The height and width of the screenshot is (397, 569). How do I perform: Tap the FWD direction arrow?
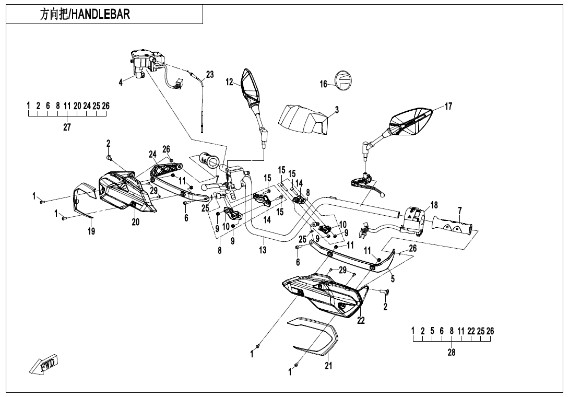pos(43,364)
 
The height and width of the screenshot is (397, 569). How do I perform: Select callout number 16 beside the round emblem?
pos(324,84)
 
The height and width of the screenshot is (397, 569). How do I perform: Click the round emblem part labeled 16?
pos(344,80)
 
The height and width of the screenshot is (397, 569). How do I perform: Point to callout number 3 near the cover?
pos(337,110)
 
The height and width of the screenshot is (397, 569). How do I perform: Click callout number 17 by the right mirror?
pos(448,107)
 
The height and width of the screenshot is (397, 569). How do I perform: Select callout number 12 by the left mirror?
pos(229,82)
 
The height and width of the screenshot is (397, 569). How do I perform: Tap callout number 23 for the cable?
pos(209,75)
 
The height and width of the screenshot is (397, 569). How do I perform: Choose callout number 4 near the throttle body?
pos(121,83)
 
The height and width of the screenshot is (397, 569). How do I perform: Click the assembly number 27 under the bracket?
pos(67,127)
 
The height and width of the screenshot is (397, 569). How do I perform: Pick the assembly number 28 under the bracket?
pos(452,352)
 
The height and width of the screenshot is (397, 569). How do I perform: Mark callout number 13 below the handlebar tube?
pos(263,250)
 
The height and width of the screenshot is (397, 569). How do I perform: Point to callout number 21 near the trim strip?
pos(328,366)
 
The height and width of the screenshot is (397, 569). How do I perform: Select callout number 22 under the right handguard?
pos(361,321)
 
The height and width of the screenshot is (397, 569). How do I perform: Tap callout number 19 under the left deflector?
pos(91,231)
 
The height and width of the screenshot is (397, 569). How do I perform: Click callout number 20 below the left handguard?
pos(136,222)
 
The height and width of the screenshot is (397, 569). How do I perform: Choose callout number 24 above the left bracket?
pos(152,154)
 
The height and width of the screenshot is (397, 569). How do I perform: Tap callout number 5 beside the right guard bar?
pos(393,278)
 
